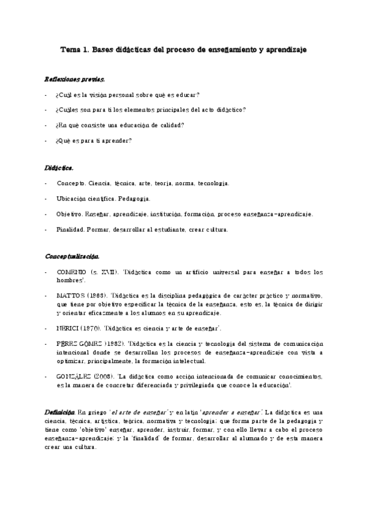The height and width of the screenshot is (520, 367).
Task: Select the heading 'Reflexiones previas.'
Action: click(x=75, y=80)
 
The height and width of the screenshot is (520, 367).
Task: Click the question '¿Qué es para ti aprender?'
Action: click(x=93, y=140)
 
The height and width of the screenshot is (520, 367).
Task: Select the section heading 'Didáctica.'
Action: click(x=59, y=167)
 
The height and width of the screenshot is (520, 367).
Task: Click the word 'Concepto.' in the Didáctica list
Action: click(x=71, y=183)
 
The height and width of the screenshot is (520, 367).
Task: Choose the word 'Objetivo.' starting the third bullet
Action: click(x=69, y=214)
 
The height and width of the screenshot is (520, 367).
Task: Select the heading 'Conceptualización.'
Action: click(x=72, y=256)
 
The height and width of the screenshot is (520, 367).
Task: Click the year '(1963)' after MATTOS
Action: click(x=97, y=294)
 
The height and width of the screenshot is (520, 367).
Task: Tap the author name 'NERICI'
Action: click(x=68, y=328)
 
